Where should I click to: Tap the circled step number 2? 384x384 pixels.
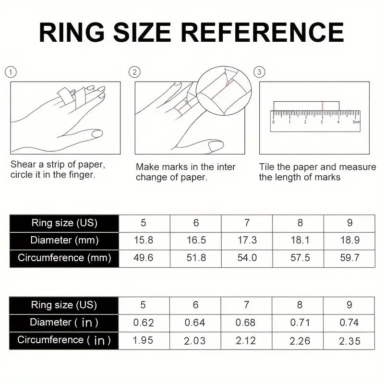tap(135, 72)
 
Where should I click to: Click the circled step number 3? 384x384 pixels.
tap(260, 72)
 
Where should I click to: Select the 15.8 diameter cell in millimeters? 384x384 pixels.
tap(144, 240)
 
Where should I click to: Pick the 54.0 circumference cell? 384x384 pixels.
tap(247, 258)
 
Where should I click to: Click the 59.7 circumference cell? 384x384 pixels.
tap(349, 258)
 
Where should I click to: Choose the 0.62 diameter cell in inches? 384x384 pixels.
tap(144, 323)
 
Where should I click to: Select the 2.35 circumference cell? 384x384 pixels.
tap(349, 340)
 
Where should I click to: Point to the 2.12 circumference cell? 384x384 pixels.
tap(247, 340)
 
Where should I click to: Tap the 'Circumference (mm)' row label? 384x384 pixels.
tap(64, 258)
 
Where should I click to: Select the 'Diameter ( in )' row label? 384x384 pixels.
tap(64, 323)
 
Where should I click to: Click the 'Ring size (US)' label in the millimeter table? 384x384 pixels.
tap(64, 223)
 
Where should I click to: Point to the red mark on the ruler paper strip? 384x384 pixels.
tap(323, 106)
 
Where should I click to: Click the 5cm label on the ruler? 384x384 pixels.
tap(356, 122)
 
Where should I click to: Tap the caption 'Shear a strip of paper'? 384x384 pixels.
tap(58, 165)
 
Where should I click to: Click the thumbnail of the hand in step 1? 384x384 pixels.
tap(65, 117)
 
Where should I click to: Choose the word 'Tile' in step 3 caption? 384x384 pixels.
tap(267, 167)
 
